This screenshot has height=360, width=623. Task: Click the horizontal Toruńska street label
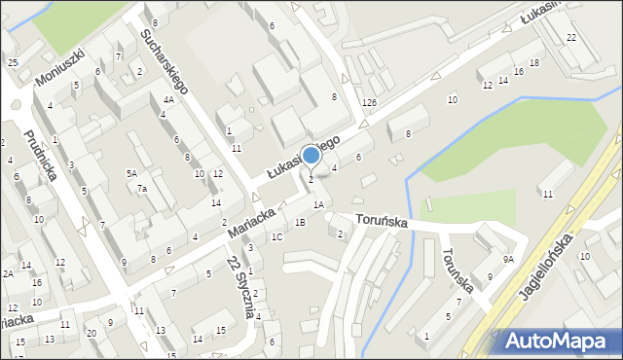(381, 223)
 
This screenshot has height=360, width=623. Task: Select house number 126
(369, 103)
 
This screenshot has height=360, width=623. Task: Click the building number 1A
(318, 205)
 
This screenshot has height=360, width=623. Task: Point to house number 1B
(300, 223)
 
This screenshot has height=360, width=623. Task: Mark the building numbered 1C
(276, 236)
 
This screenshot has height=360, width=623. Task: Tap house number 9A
(508, 260)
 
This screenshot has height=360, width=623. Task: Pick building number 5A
(131, 173)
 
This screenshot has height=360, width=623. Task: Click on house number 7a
(141, 188)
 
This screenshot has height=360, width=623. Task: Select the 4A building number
(168, 100)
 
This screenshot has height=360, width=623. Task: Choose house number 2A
(8, 274)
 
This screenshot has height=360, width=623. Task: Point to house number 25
(13, 63)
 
